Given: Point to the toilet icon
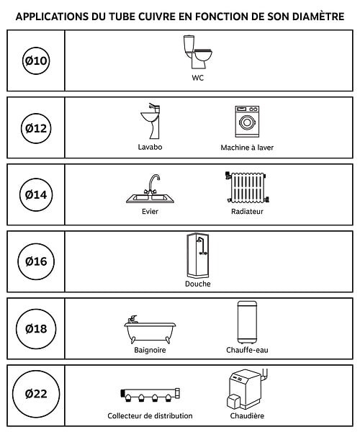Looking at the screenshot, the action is tap(198, 52).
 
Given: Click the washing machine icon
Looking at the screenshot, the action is tap(247, 122).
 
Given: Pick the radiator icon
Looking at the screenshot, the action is tap(247, 187).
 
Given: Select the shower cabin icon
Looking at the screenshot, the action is tap(198, 256).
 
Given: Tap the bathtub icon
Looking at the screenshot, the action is tap(150, 329).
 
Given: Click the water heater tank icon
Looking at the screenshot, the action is tap(247, 323).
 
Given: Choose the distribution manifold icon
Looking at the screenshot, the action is tap(150, 395).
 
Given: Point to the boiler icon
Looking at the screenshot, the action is tap(248, 389).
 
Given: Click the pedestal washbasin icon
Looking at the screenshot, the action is tap(150, 121).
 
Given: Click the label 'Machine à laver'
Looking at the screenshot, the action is tap(247, 148).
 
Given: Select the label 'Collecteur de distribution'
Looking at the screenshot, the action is tap(150, 415).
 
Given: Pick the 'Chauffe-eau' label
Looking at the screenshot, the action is tap(247, 350).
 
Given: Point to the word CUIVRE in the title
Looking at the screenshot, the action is tap(157, 17).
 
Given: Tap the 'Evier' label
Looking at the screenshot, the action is tap(150, 211).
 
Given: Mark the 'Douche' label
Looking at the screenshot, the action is tap(198, 284).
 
